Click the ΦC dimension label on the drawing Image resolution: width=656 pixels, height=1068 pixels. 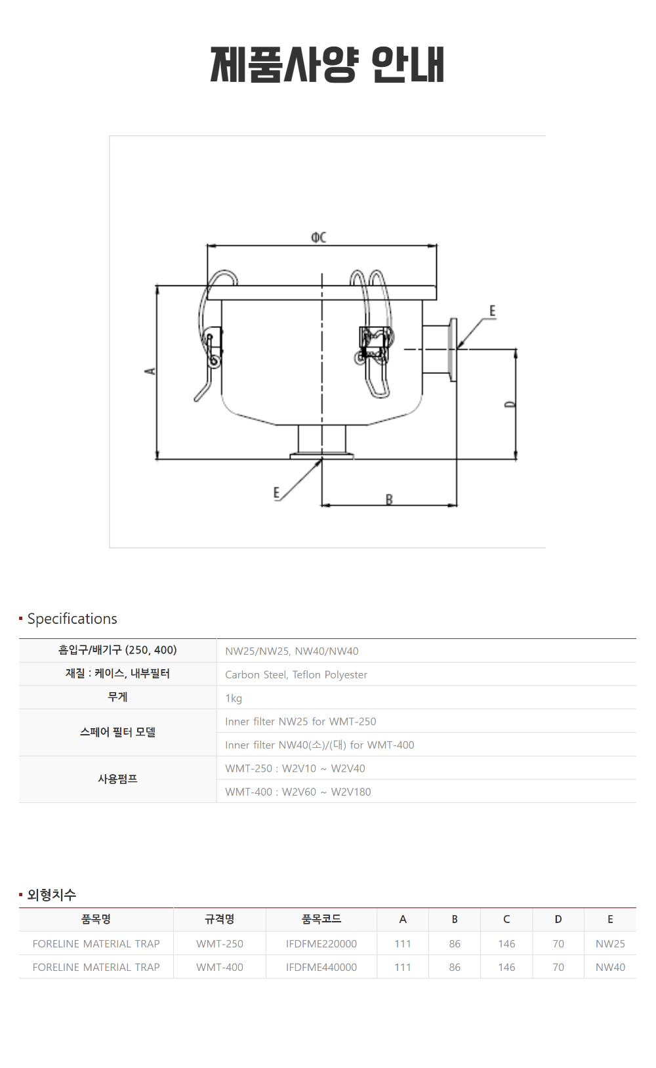click(x=318, y=237)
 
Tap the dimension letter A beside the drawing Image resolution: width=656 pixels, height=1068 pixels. click(x=150, y=371)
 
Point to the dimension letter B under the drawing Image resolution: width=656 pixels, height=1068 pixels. click(x=389, y=499)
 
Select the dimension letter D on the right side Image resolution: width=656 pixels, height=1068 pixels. click(x=510, y=404)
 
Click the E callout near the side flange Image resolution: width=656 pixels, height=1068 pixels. click(x=492, y=311)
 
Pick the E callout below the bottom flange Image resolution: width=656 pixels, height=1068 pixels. click(x=277, y=493)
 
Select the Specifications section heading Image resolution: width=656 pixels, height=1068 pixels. click(x=72, y=619)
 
